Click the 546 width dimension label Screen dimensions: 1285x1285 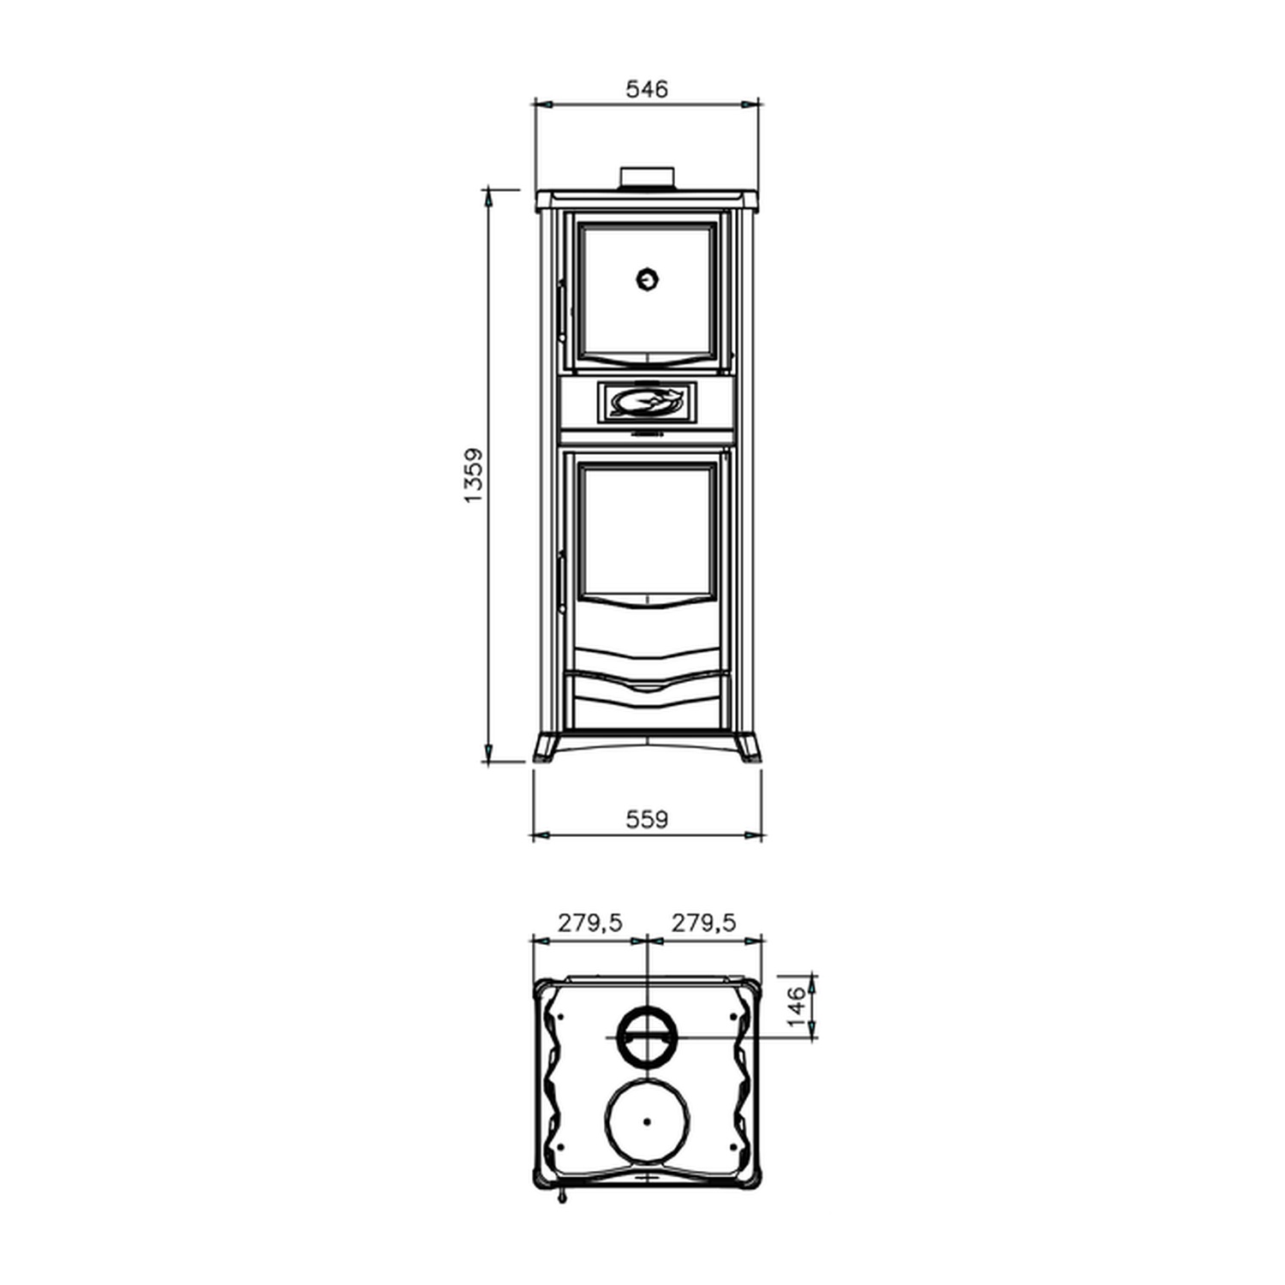pyautogui.click(x=647, y=89)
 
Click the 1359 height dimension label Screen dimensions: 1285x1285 pyautogui.click(x=474, y=475)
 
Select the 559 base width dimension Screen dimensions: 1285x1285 pyautogui.click(x=647, y=820)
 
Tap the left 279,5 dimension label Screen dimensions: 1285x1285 pyautogui.click(x=590, y=923)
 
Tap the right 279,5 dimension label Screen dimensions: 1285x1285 pyautogui.click(x=703, y=923)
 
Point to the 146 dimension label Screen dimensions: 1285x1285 pyautogui.click(x=797, y=1007)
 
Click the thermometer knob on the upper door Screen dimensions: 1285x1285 pyautogui.click(x=648, y=278)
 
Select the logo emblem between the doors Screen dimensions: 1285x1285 pyautogui.click(x=647, y=403)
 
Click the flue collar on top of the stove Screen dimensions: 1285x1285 pyautogui.click(x=648, y=176)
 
